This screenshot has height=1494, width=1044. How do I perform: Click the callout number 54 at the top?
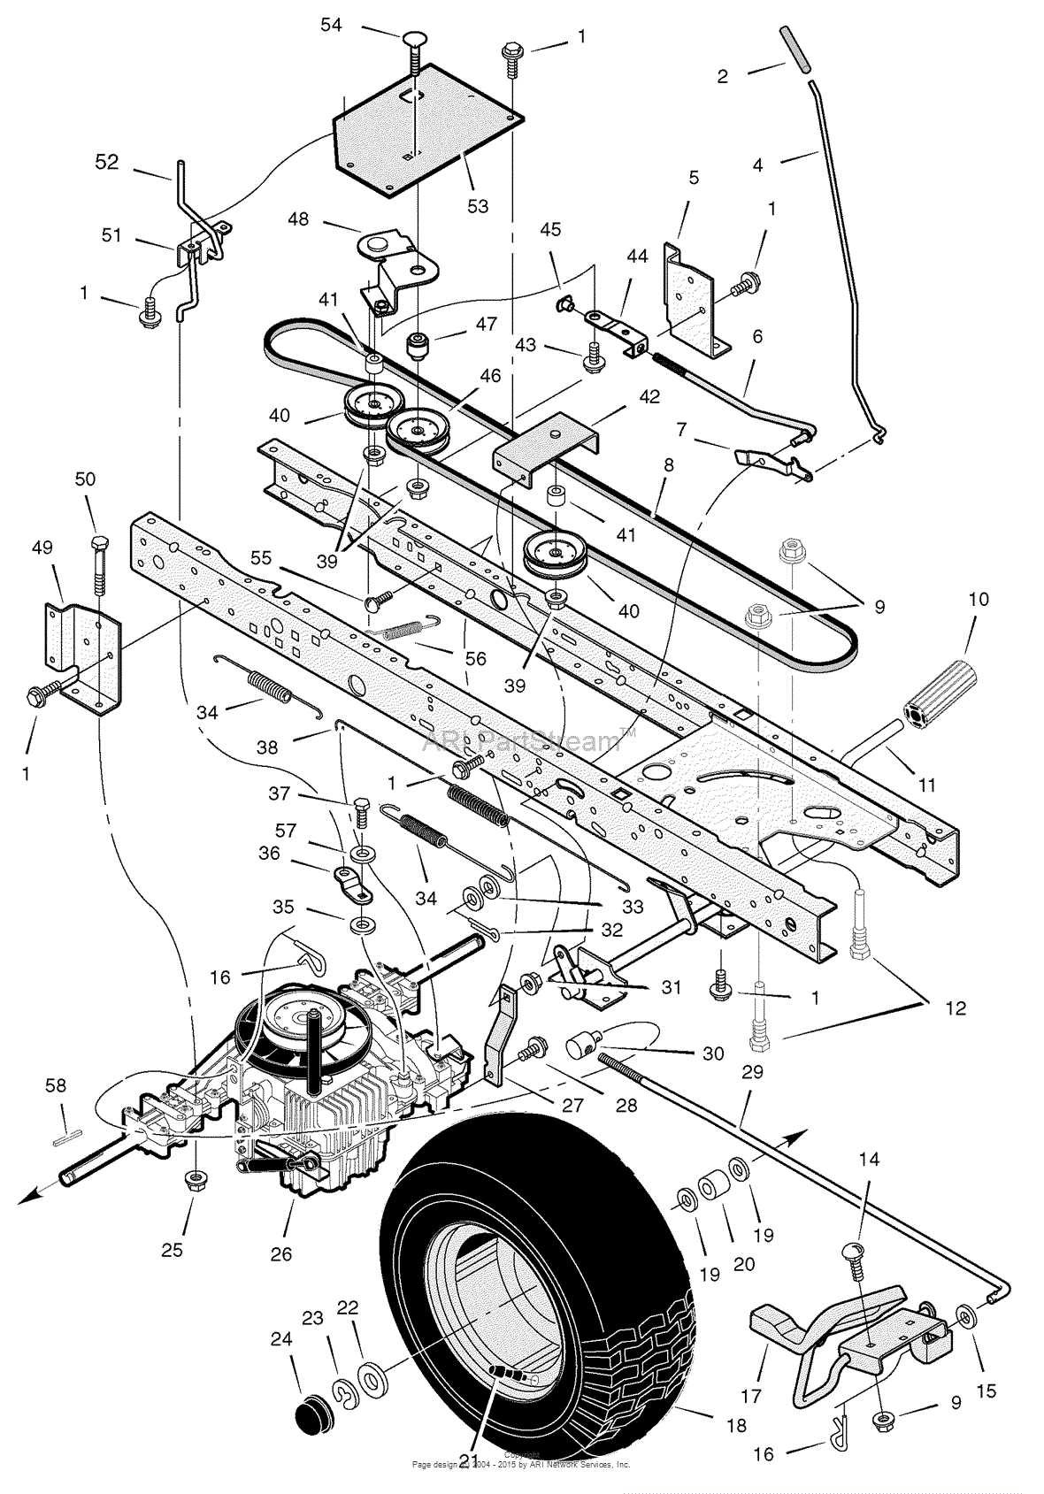coord(331,25)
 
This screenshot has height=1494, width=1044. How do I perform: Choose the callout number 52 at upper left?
coord(106,163)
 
